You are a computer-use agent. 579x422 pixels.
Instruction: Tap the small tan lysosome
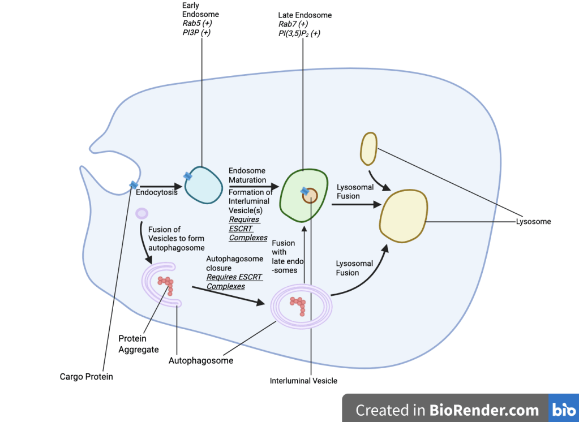click(368, 148)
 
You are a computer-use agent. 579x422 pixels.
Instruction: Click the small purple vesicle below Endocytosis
click(141, 213)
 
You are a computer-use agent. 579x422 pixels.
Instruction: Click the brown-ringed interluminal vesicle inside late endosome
click(311, 195)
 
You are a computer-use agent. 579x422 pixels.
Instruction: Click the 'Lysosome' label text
click(533, 222)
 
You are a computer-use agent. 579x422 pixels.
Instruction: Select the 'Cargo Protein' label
click(87, 376)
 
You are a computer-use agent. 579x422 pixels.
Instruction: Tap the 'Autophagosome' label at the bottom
click(201, 360)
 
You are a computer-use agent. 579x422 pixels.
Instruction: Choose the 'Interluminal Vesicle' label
click(303, 381)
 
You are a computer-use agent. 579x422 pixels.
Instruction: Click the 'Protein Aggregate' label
click(132, 344)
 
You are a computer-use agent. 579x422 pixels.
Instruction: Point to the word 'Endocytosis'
click(157, 192)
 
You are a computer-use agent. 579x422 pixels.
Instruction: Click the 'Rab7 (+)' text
click(293, 24)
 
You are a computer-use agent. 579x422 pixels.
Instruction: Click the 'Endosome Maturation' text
click(247, 175)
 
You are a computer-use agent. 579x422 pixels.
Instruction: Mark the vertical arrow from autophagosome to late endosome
click(304, 252)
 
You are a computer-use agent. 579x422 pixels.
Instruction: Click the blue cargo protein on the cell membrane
click(134, 185)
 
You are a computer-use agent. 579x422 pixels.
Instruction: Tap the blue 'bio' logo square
click(564, 409)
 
